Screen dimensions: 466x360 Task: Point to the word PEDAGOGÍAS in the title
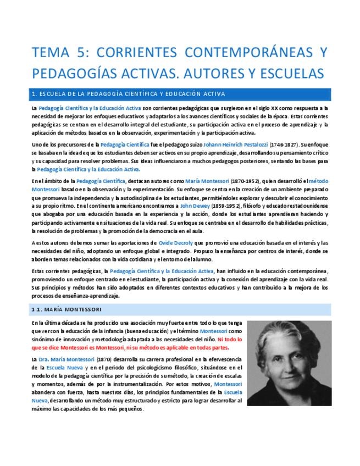pos(75,73)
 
